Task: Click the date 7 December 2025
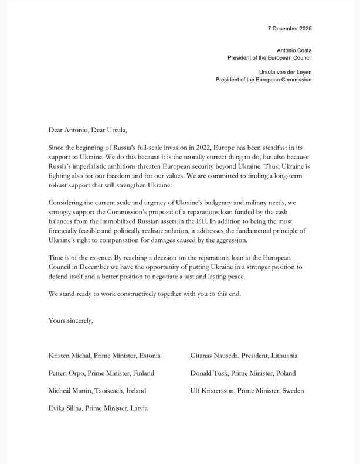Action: pos(290,28)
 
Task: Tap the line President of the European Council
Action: pos(270,58)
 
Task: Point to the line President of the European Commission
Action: pos(263,80)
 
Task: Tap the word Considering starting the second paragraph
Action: pos(67,203)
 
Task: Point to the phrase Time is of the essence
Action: pos(84,258)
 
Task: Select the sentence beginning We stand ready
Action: pos(144,293)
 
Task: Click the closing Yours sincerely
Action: pos(71,320)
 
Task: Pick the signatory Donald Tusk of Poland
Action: pos(209,373)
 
